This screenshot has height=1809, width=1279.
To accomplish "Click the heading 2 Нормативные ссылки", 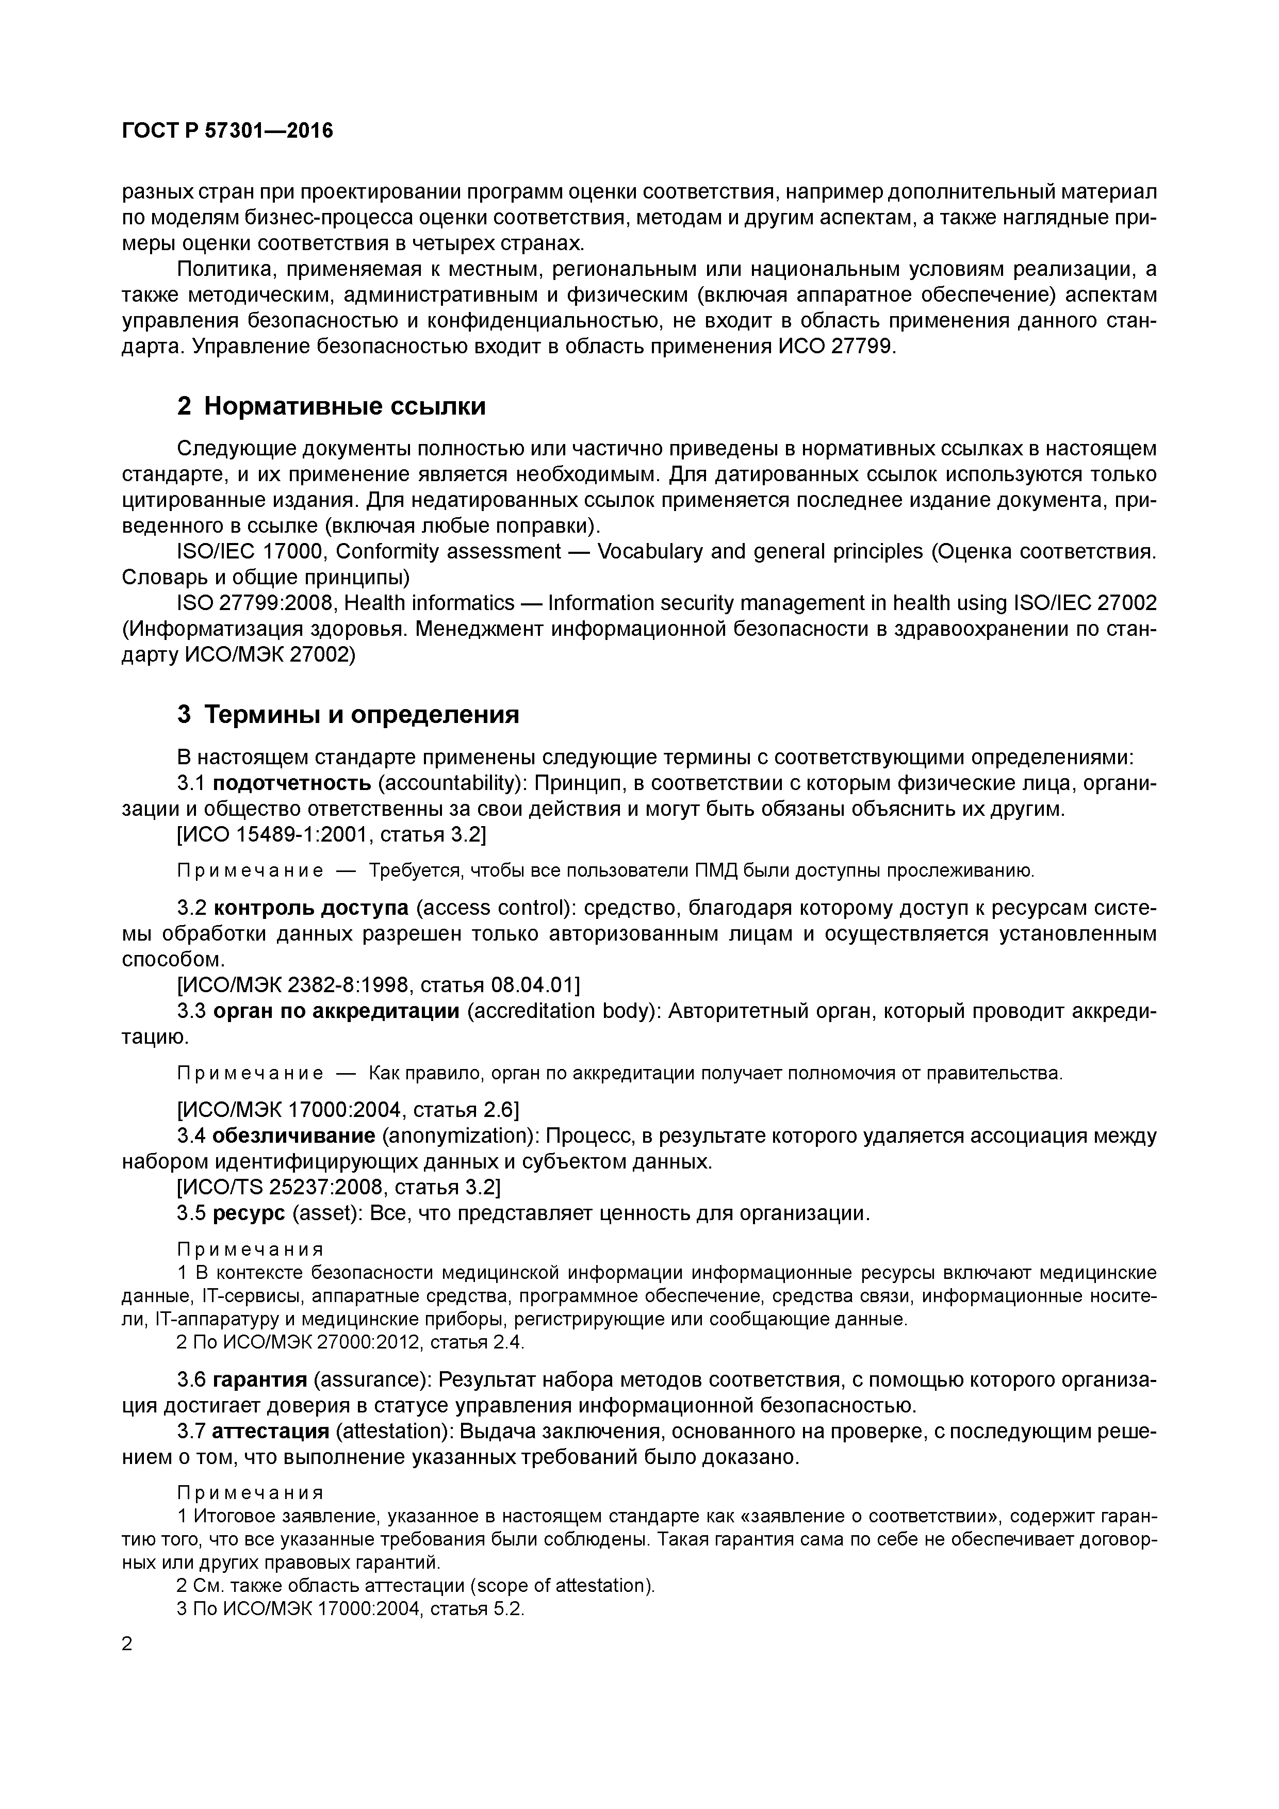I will (x=331, y=406).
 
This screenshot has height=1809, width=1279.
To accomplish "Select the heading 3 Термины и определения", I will (x=348, y=715).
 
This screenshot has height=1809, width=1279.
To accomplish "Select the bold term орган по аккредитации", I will (x=336, y=1011).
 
